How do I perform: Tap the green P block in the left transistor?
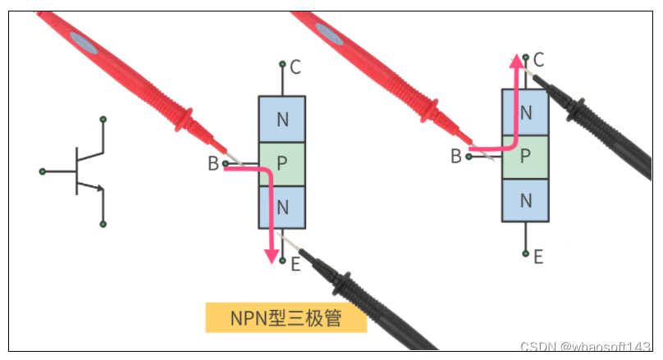click(282, 164)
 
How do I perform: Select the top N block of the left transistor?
click(282, 120)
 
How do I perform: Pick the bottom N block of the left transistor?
click(282, 207)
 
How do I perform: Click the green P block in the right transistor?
click(525, 156)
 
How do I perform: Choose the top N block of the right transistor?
click(525, 112)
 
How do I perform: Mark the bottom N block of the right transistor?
click(525, 199)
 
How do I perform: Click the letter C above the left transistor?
click(295, 65)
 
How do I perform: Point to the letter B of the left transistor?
click(213, 164)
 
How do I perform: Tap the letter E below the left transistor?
click(295, 264)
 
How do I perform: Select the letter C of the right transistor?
click(538, 59)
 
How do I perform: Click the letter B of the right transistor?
click(455, 156)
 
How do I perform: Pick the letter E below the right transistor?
click(538, 257)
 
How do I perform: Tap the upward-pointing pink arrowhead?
click(517, 62)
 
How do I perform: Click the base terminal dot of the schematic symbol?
click(43, 171)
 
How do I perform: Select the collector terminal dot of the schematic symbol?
click(103, 120)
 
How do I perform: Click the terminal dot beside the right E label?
click(525, 254)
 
